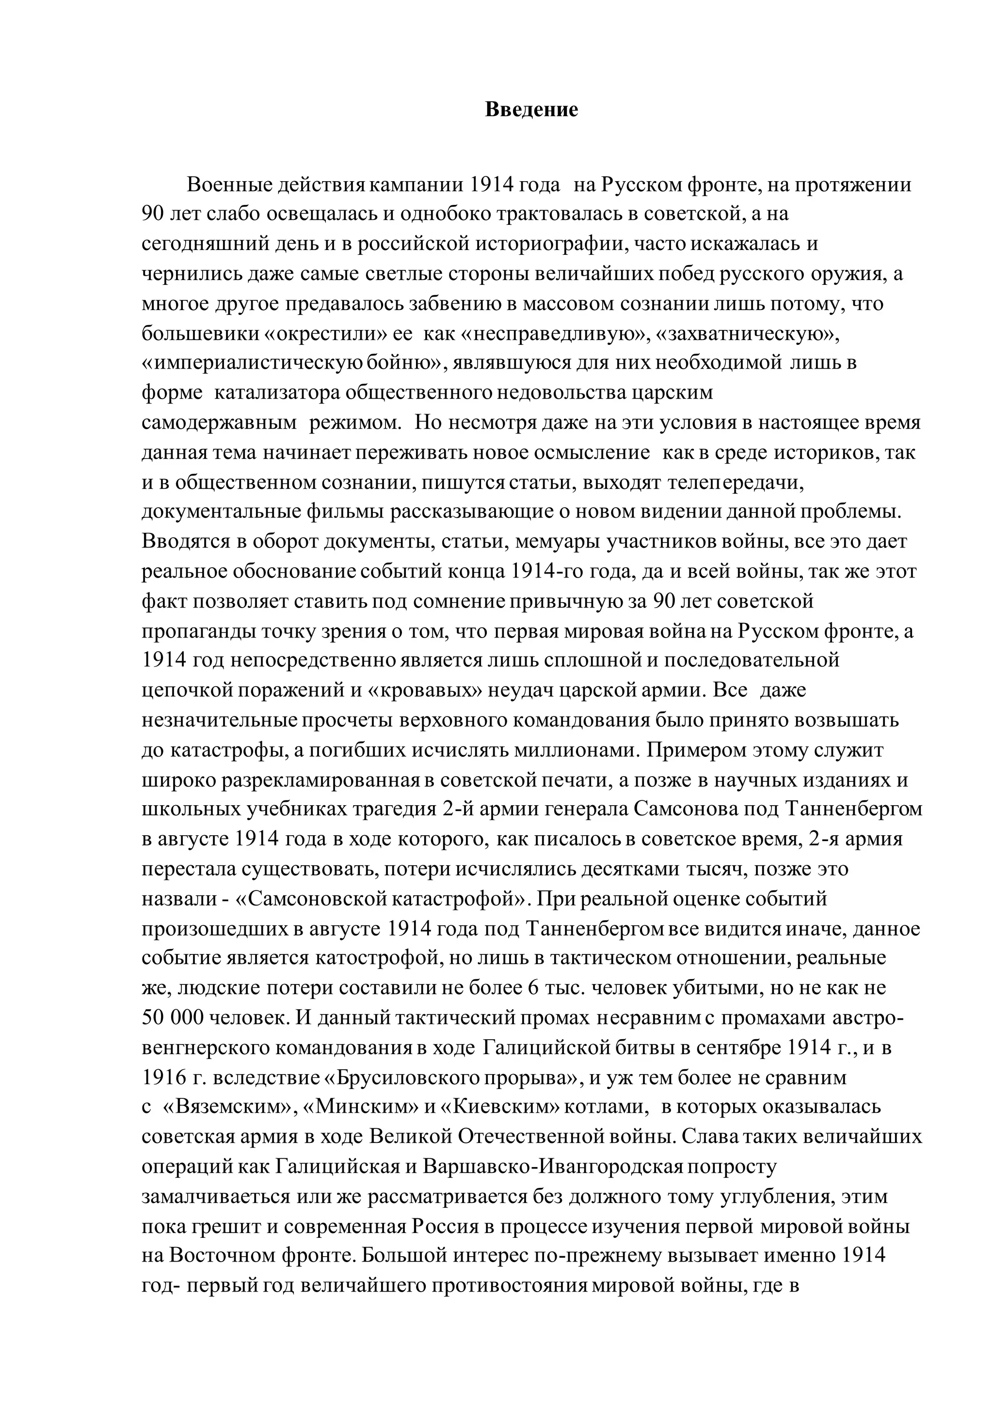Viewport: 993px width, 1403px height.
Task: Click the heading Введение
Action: (531, 110)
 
